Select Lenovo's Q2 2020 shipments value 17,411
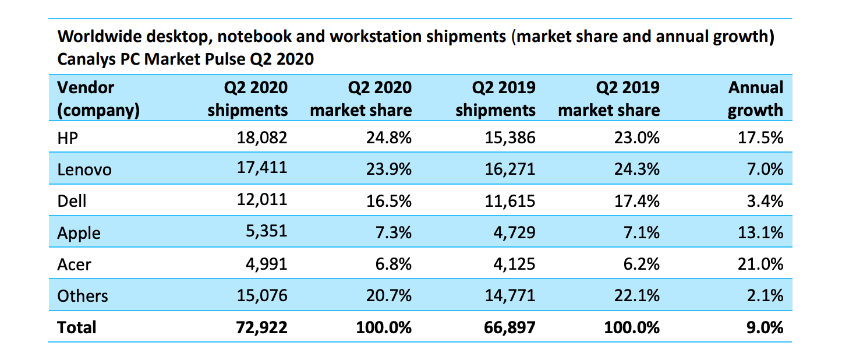[x=263, y=169]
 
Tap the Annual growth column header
[x=755, y=98]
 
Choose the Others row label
[x=82, y=296]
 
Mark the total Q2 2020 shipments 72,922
[x=263, y=327]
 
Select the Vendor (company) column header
[x=98, y=98]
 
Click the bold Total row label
[x=76, y=327]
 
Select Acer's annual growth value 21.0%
[x=759, y=264]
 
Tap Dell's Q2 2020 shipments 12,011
[x=263, y=201]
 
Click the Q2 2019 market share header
[x=608, y=98]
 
